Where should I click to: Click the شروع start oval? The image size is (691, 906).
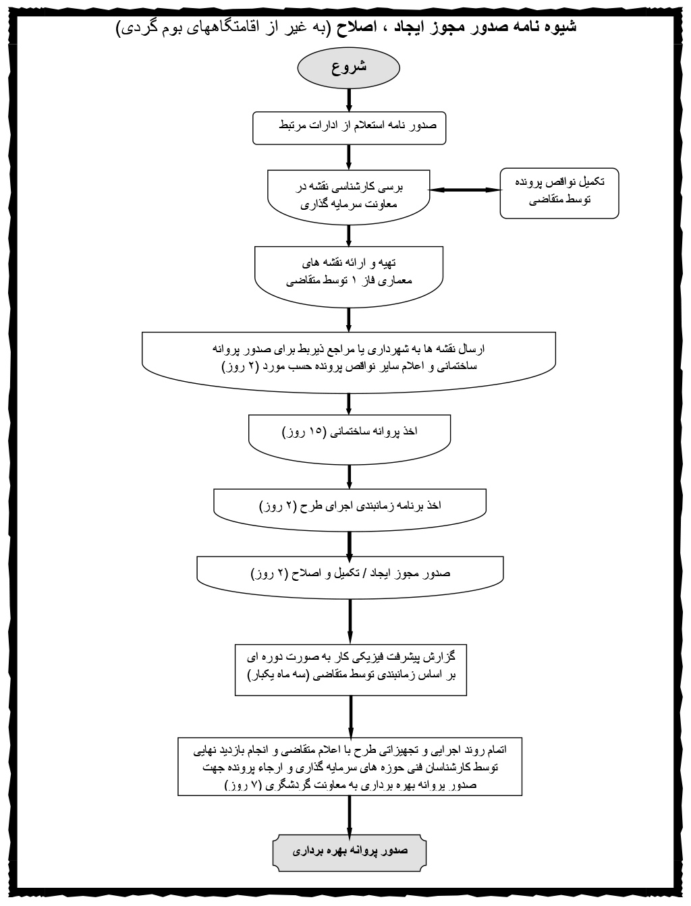pos(349,68)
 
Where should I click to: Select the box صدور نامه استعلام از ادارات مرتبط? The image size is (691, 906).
pos(349,128)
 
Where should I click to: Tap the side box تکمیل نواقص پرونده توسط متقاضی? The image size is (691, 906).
pos(559,192)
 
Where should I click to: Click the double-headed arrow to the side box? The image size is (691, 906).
pos(466,190)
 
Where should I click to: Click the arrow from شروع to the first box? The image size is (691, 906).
pos(349,98)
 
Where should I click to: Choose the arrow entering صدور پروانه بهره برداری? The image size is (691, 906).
pos(350,816)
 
